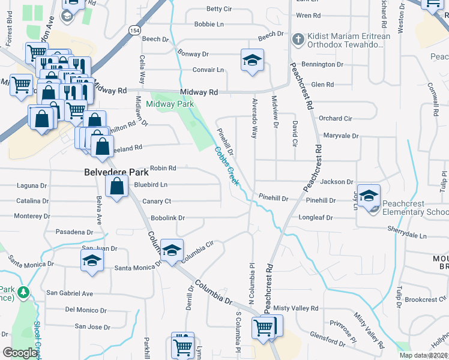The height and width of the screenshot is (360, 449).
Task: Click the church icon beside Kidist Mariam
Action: pyautogui.click(x=297, y=39)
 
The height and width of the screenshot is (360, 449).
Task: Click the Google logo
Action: pyautogui.click(x=20, y=353)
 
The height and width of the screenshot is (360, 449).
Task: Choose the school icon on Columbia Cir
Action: pyautogui.click(x=172, y=251)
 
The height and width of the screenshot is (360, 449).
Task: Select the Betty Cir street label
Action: pyautogui.click(x=218, y=9)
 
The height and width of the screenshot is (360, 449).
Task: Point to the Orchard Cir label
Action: pyautogui.click(x=335, y=118)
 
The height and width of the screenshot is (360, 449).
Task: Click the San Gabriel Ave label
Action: pyautogui.click(x=70, y=293)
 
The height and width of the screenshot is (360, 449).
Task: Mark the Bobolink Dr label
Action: pyautogui.click(x=167, y=218)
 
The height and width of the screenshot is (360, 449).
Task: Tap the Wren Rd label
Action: pyautogui.click(x=308, y=15)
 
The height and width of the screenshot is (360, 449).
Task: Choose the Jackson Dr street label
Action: pyautogui.click(x=336, y=181)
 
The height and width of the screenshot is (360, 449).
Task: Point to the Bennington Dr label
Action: pyautogui.click(x=322, y=64)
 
